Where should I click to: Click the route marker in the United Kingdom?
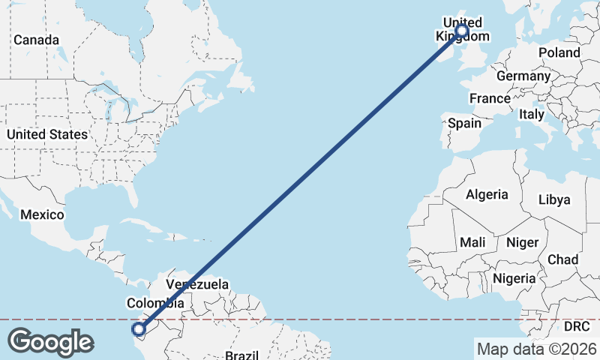click(x=461, y=31)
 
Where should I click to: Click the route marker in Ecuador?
click(x=138, y=328)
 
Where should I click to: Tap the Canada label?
click(x=35, y=39)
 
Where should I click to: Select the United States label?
click(x=46, y=134)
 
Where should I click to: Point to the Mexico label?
click(x=42, y=214)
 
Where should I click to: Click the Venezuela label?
click(x=196, y=285)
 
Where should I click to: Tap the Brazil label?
click(x=241, y=354)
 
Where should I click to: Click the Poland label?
click(x=559, y=52)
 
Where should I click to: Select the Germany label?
click(x=523, y=76)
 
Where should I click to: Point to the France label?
click(x=490, y=98)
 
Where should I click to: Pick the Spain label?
click(x=464, y=123)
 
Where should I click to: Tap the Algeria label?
click(x=487, y=194)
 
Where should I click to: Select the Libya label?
click(x=555, y=199)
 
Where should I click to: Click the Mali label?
click(x=472, y=242)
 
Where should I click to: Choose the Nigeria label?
click(x=514, y=278)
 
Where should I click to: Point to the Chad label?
click(x=562, y=259)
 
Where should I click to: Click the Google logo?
click(x=50, y=342)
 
